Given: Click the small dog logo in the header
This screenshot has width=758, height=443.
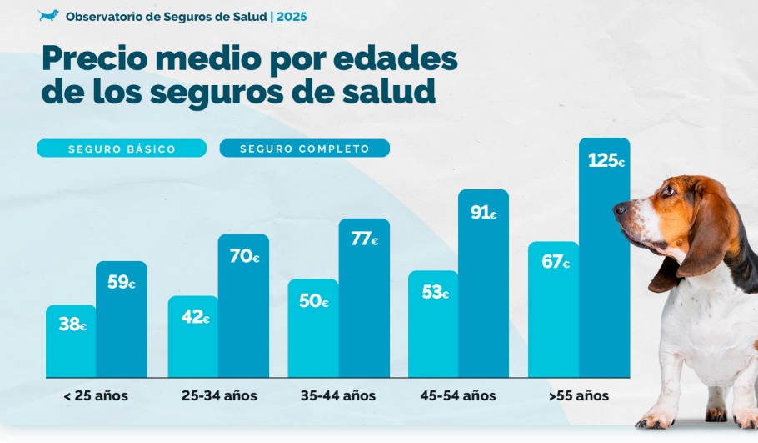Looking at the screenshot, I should [x=48, y=16].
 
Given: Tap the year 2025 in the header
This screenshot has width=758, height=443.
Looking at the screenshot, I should [x=292, y=16].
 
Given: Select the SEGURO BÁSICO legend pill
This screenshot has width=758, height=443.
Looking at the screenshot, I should [x=122, y=149].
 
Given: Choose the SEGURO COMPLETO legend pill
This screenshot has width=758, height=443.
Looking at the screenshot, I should [x=304, y=149].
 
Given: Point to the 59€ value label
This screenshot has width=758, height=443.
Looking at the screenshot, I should [x=122, y=282].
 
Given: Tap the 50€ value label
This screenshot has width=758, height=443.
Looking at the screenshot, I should [x=313, y=301].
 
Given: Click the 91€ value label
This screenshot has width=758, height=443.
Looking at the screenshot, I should [x=483, y=213].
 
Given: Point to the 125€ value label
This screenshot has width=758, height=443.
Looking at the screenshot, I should [x=606, y=160].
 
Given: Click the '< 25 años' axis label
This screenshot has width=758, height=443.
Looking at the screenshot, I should [x=96, y=395].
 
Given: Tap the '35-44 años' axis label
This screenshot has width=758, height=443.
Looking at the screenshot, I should [x=338, y=395].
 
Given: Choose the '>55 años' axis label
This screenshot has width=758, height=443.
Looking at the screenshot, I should [x=579, y=395].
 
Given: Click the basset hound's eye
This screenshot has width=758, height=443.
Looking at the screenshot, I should [x=668, y=191].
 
